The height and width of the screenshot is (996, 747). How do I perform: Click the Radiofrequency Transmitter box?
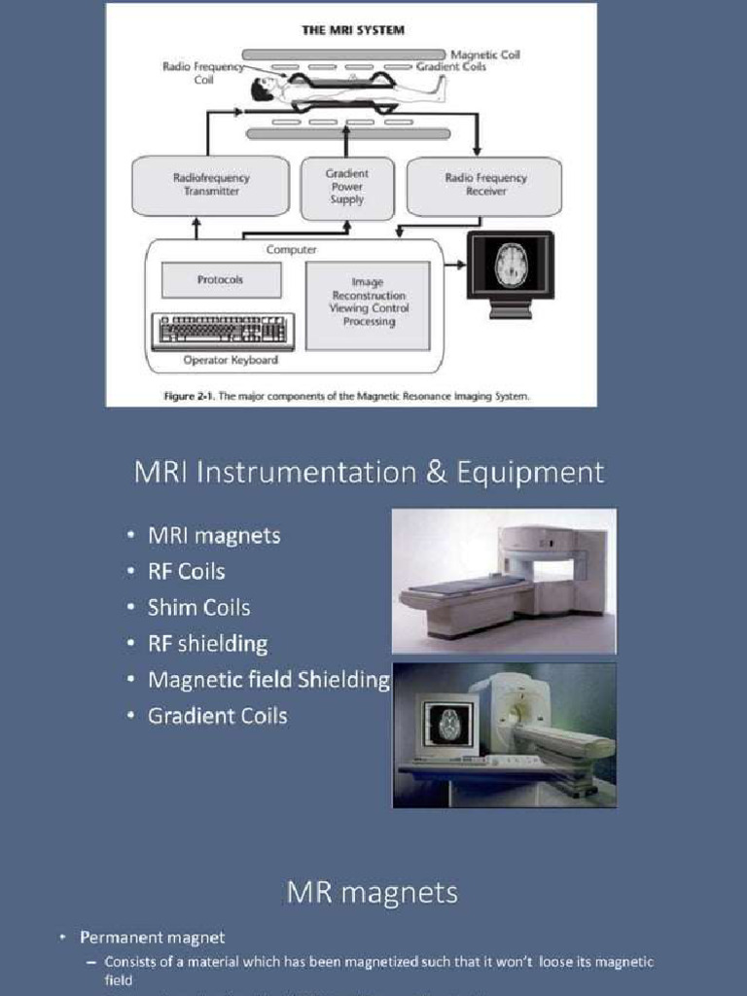click(210, 185)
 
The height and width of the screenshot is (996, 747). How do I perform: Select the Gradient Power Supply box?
click(347, 187)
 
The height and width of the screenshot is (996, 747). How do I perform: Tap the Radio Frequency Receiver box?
click(484, 185)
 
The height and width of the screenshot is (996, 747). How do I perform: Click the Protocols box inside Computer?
click(221, 280)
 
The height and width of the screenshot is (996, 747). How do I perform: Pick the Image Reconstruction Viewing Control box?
click(369, 302)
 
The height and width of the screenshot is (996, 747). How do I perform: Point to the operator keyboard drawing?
click(222, 332)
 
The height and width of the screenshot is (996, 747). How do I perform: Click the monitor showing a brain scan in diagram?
click(511, 267)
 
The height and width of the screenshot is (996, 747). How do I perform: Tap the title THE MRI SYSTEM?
click(352, 30)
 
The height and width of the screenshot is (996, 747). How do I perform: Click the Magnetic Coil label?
click(484, 54)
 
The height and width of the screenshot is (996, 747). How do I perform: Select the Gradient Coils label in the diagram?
click(451, 67)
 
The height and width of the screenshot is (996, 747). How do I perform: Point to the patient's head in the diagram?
click(262, 90)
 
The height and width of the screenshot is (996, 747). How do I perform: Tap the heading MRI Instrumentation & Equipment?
click(369, 473)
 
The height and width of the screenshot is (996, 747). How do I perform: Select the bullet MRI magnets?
click(213, 535)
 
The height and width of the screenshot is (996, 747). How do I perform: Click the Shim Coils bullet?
click(198, 608)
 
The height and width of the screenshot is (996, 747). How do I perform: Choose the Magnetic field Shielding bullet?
click(267, 680)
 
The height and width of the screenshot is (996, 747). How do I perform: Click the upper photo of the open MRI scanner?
click(504, 581)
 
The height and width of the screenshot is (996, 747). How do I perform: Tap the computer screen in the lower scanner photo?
click(446, 725)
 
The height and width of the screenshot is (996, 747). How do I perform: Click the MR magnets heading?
click(372, 892)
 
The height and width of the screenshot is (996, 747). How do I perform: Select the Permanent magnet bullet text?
click(152, 938)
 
